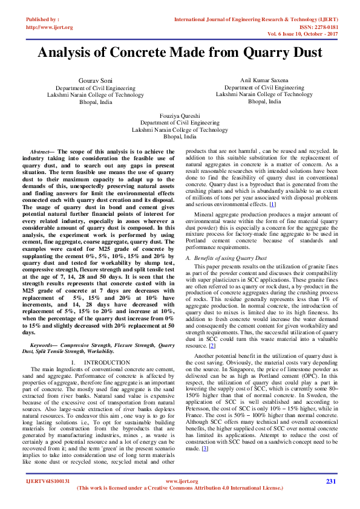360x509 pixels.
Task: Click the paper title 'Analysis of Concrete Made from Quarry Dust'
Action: click(x=180, y=52)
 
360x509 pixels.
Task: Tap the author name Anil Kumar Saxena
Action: click(x=264, y=80)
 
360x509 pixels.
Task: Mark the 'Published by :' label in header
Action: click(x=42, y=19)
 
